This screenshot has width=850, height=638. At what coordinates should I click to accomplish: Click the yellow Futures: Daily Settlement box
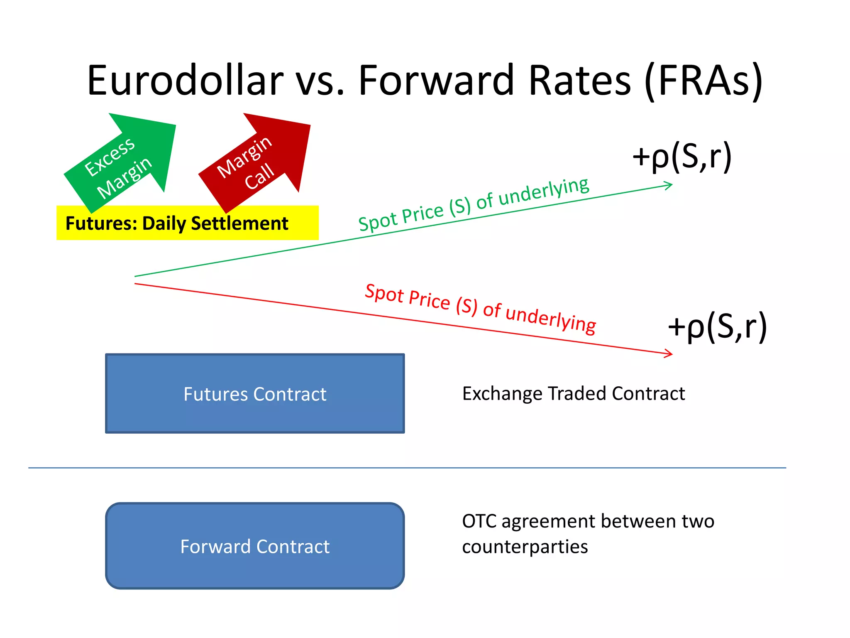pos(187,223)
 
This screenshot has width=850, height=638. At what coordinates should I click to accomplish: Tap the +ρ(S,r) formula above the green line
pos(681,157)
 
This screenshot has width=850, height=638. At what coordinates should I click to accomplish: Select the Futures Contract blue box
pos(255,393)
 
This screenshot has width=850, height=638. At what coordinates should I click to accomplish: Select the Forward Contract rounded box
pos(255,546)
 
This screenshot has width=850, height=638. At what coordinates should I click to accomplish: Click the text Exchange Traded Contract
pos(573,393)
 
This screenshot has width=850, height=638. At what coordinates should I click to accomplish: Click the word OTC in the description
pos(479,521)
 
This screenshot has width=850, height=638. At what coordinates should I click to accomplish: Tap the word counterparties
pos(525,547)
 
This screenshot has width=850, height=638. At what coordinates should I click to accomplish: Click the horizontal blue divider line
pos(407,468)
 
